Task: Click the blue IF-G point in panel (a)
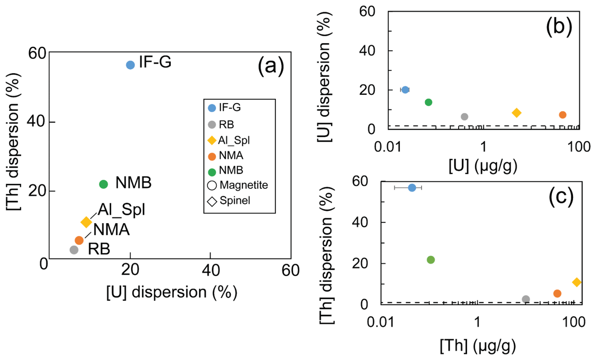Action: [x=130, y=65]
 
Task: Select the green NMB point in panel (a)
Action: [x=103, y=184]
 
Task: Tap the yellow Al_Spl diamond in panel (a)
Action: [x=87, y=222]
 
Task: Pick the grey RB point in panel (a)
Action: [x=74, y=250]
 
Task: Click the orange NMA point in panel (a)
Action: [x=79, y=240]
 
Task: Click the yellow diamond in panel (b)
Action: [x=516, y=113]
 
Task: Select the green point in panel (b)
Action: [x=428, y=102]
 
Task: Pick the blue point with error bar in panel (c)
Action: [x=412, y=187]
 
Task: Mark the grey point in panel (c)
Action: [x=526, y=299]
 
